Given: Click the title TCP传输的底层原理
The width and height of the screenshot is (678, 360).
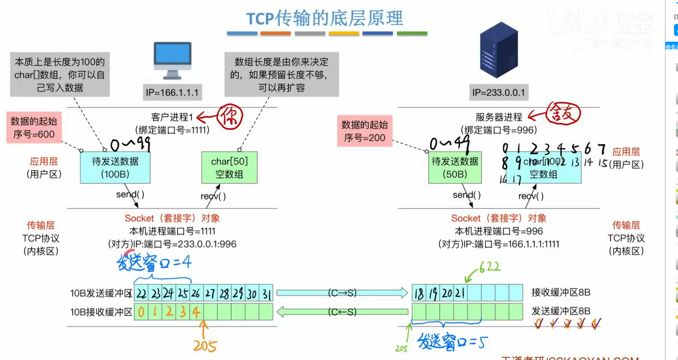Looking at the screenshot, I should (x=325, y=18).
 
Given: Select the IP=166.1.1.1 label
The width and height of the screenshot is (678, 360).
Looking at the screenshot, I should (x=172, y=92).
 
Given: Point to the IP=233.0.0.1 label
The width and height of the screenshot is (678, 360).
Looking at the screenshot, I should (x=498, y=92).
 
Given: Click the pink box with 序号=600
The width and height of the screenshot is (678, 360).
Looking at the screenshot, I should (x=34, y=128).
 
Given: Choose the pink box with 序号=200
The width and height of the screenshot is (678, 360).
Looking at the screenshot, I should (x=364, y=131).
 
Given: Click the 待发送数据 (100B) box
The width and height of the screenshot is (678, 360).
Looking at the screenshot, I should (x=115, y=168).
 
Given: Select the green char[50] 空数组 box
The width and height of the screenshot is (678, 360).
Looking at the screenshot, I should (x=229, y=168).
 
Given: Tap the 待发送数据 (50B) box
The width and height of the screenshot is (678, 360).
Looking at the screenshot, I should (x=455, y=168).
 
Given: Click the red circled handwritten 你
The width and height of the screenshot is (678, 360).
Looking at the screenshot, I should (x=229, y=116).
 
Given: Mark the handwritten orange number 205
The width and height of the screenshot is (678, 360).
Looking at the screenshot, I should (x=205, y=346).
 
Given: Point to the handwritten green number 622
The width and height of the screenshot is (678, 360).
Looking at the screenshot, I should (x=489, y=267).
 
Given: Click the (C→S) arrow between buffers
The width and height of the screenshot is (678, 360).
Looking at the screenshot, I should (x=342, y=293).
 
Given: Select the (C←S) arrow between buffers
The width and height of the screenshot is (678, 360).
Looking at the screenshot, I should (x=342, y=311).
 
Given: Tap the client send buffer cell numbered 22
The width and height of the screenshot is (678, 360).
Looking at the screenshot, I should (x=141, y=294).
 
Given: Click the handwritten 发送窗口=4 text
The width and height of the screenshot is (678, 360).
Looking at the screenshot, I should (x=154, y=262).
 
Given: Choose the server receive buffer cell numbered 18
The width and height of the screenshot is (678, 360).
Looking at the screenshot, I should (x=419, y=293).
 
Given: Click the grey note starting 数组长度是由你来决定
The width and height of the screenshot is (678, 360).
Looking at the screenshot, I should (x=282, y=74).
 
